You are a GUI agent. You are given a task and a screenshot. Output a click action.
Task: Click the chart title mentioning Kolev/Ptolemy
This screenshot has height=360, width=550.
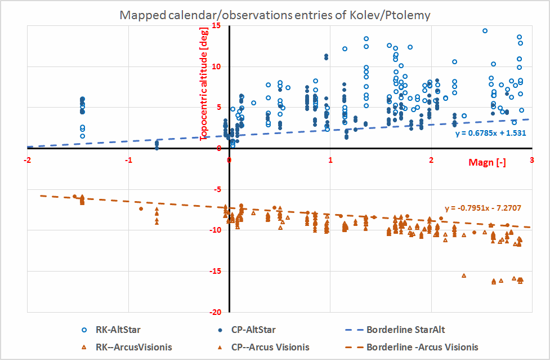coord(275,15)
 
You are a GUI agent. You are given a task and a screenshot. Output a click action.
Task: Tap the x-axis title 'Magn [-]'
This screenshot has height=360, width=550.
coord(487,163)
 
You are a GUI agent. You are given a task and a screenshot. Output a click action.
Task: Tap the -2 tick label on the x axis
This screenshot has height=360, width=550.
coord(27,159)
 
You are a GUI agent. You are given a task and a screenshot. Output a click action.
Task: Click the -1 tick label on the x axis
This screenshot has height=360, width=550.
coord(128,159)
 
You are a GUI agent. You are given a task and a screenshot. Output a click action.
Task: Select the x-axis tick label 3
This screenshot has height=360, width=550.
coord(532,159)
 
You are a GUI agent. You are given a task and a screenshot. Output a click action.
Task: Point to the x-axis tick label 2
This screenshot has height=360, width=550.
coord(431,159)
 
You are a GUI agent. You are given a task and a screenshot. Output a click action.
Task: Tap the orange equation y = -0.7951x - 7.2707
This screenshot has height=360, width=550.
coord(482,208)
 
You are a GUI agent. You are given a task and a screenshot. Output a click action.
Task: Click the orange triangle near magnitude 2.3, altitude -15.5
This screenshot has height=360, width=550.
coord(464,275)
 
